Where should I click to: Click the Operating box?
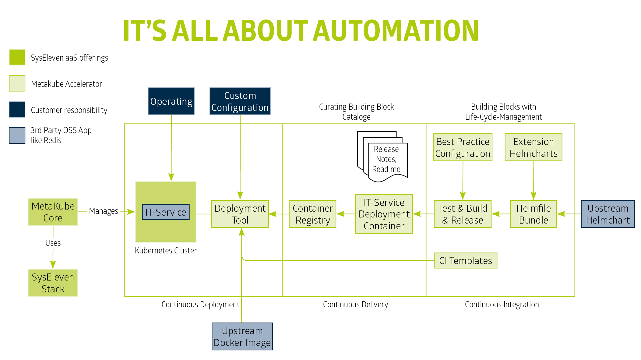pos(171,101)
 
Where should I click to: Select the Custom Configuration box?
pos(240,101)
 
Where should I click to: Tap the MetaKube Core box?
pos(53,212)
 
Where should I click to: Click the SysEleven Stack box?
pos(53,283)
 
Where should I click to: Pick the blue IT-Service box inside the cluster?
pos(166,212)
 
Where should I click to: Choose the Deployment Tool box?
pos(240,214)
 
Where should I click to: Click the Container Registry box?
pos(313,214)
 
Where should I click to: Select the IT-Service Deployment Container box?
pos(384,214)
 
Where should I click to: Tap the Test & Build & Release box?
pos(463,214)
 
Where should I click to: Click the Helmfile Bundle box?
pos(534,214)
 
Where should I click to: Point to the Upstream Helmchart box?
pos(608,214)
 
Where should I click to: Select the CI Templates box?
pos(466,260)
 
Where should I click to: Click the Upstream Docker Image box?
pos(242,337)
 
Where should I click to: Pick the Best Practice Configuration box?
pos(463,147)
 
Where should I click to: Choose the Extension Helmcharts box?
pos(534,147)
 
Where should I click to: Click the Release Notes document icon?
pos(382,157)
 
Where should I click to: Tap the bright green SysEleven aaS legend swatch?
pos(17,57)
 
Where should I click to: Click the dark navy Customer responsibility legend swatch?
pos(17,109)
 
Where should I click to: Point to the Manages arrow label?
pos(104,211)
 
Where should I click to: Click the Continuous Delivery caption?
pos(355,304)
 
